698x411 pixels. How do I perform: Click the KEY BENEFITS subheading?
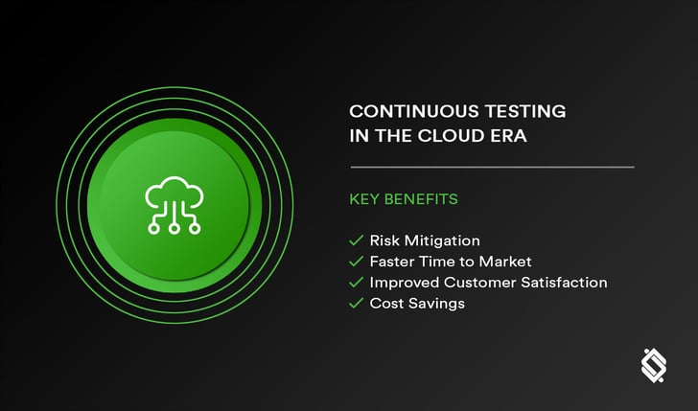coord(404,199)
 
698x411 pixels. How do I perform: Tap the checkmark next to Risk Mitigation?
coord(356,240)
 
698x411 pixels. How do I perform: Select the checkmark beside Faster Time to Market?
coord(356,262)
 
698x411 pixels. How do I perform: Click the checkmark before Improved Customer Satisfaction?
coord(356,283)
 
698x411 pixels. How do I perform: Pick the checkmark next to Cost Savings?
coord(356,304)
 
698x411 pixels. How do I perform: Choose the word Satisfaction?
coord(564,283)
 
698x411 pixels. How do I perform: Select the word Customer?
coord(479,283)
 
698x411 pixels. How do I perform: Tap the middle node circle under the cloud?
coord(174,229)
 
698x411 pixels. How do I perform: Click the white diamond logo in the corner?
coord(654,366)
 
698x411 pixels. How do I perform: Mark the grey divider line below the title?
coord(493,168)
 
